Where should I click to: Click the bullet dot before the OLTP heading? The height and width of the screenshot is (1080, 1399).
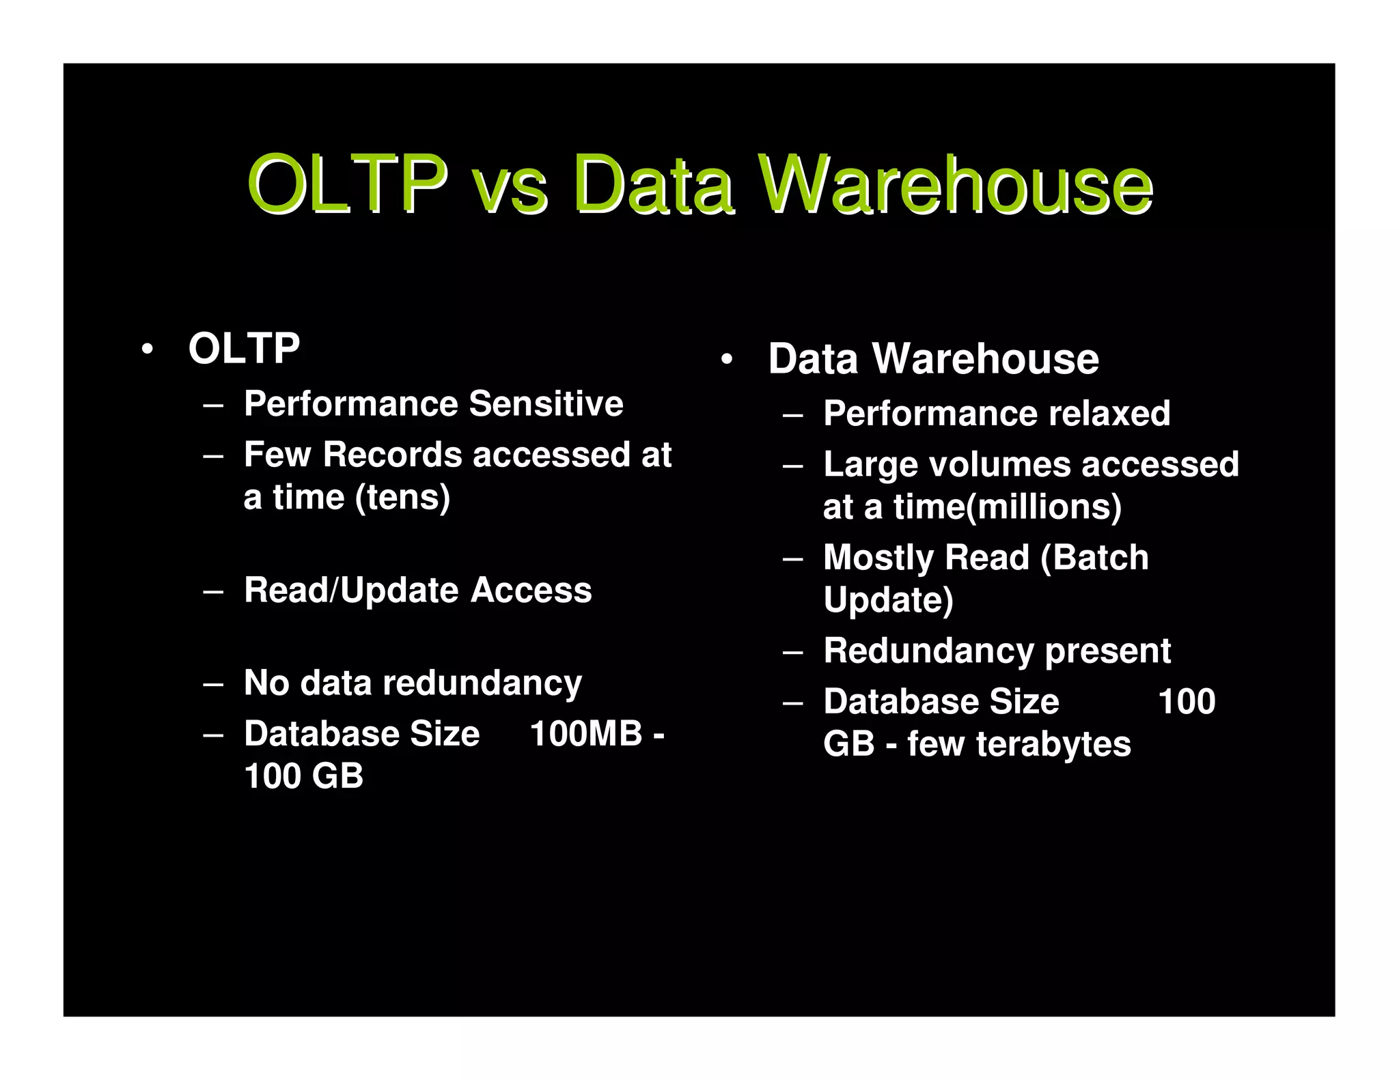click(146, 350)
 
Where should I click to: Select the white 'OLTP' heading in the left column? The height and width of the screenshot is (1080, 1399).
click(244, 349)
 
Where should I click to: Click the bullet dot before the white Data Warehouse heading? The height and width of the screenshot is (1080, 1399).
click(726, 359)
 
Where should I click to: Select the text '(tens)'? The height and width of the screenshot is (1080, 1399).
click(402, 497)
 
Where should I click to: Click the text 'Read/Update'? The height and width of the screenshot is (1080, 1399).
click(350, 590)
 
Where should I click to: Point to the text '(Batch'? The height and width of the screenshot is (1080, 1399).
click(1094, 558)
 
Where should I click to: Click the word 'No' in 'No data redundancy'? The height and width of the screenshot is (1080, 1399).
click(266, 683)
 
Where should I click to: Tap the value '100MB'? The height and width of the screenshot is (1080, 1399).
click(586, 734)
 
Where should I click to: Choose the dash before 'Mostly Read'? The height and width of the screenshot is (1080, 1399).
click(792, 559)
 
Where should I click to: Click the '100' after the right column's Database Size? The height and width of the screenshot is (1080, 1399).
click(1187, 702)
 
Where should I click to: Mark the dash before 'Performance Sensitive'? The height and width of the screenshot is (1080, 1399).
click(213, 405)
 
